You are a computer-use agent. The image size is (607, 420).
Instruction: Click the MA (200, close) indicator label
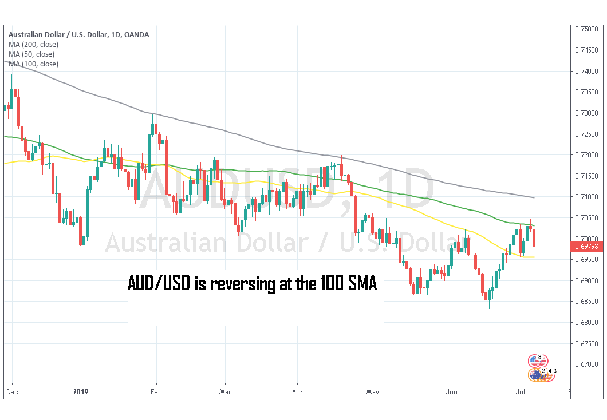[x=33, y=44]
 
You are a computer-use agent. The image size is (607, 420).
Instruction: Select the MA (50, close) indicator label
[x=31, y=54]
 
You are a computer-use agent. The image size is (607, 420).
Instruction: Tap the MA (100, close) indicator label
[x=33, y=64]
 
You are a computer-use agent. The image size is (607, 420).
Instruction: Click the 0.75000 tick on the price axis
[x=588, y=29]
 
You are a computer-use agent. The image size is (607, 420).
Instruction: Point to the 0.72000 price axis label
[x=588, y=155]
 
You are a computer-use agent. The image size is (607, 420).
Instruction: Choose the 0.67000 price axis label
[x=588, y=364]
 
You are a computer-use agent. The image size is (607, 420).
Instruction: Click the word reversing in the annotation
[x=240, y=283]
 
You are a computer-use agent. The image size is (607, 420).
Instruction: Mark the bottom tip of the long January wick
[x=84, y=353]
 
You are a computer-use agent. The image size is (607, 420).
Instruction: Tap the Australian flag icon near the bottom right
[x=537, y=374]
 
